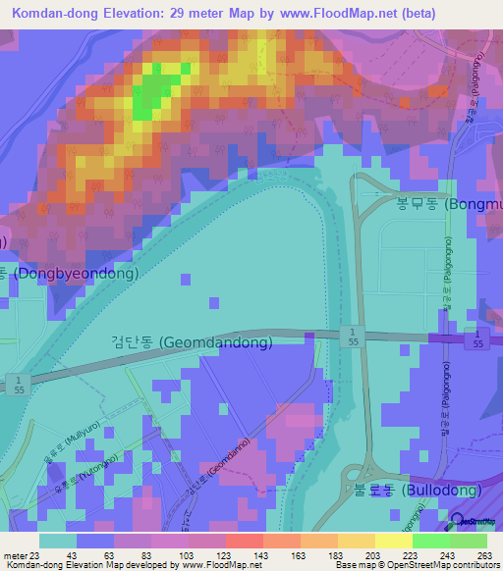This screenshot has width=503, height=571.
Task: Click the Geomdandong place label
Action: [191, 342]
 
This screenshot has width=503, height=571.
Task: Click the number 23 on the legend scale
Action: [40, 554]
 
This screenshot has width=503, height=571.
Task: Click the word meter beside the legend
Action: [15, 554]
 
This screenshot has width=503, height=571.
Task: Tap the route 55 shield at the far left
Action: [16, 384]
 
